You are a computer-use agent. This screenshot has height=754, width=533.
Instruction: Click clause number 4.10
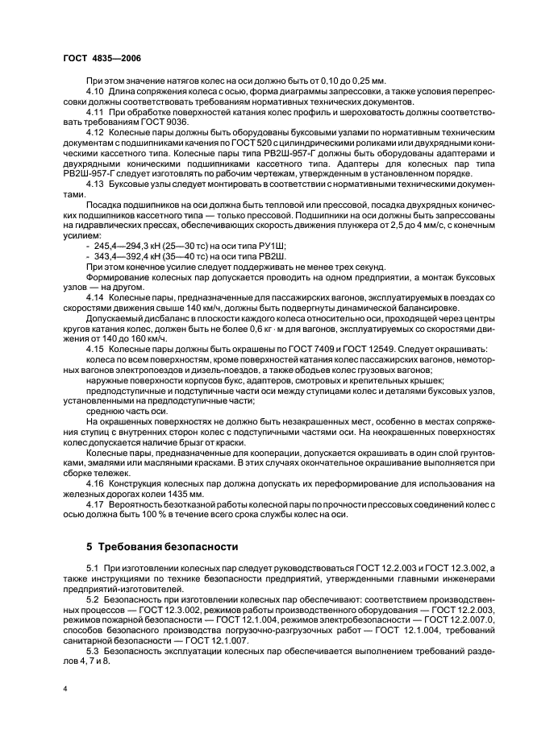95,91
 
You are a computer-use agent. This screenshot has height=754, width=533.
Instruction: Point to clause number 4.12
95,131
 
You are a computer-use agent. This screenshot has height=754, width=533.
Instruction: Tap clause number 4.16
95,482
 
